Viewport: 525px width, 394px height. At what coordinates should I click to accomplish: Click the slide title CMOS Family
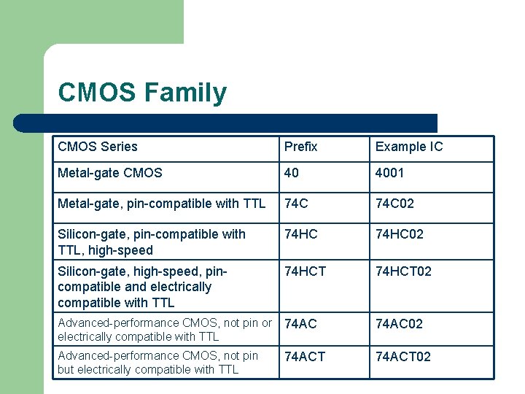[142, 93]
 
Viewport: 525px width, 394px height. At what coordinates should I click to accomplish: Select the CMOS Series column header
[98, 147]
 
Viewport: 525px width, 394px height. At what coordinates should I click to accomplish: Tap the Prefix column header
[301, 147]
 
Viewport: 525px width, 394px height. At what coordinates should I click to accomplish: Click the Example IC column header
[409, 147]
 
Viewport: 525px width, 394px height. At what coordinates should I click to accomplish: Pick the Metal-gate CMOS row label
[110, 173]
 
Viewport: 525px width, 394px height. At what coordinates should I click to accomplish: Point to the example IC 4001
[389, 173]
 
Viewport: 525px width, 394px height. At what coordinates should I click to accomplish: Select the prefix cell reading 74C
[296, 204]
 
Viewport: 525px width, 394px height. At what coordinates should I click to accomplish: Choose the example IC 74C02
[394, 204]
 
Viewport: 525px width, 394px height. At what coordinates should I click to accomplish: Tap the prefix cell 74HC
[300, 234]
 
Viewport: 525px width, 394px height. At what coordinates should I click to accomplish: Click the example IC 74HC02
[399, 234]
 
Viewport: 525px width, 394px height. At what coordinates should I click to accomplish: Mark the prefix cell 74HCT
[305, 271]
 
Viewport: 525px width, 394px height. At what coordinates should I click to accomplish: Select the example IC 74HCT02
[403, 271]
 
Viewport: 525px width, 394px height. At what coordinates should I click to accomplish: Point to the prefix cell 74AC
[300, 323]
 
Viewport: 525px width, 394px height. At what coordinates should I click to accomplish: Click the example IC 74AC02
[399, 323]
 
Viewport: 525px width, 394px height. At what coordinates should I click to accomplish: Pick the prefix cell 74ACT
[305, 356]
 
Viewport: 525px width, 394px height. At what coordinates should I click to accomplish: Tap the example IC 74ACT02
[403, 356]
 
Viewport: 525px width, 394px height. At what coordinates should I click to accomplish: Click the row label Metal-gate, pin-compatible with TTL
[161, 204]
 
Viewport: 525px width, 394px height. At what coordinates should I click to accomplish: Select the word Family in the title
[185, 93]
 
